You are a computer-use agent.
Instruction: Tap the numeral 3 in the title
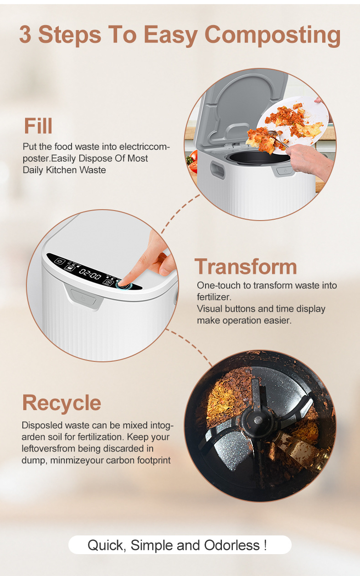tap(25, 35)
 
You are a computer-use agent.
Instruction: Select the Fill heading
tap(38, 126)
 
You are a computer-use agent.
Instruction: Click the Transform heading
tap(246, 267)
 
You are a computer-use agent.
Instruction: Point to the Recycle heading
tap(62, 403)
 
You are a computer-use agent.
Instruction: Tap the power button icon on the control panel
tap(60, 261)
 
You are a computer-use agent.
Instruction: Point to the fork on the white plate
tap(278, 139)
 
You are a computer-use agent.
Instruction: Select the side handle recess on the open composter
tap(217, 170)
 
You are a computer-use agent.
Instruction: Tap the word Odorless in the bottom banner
tap(231, 545)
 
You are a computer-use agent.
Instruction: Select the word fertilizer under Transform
tap(214, 297)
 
